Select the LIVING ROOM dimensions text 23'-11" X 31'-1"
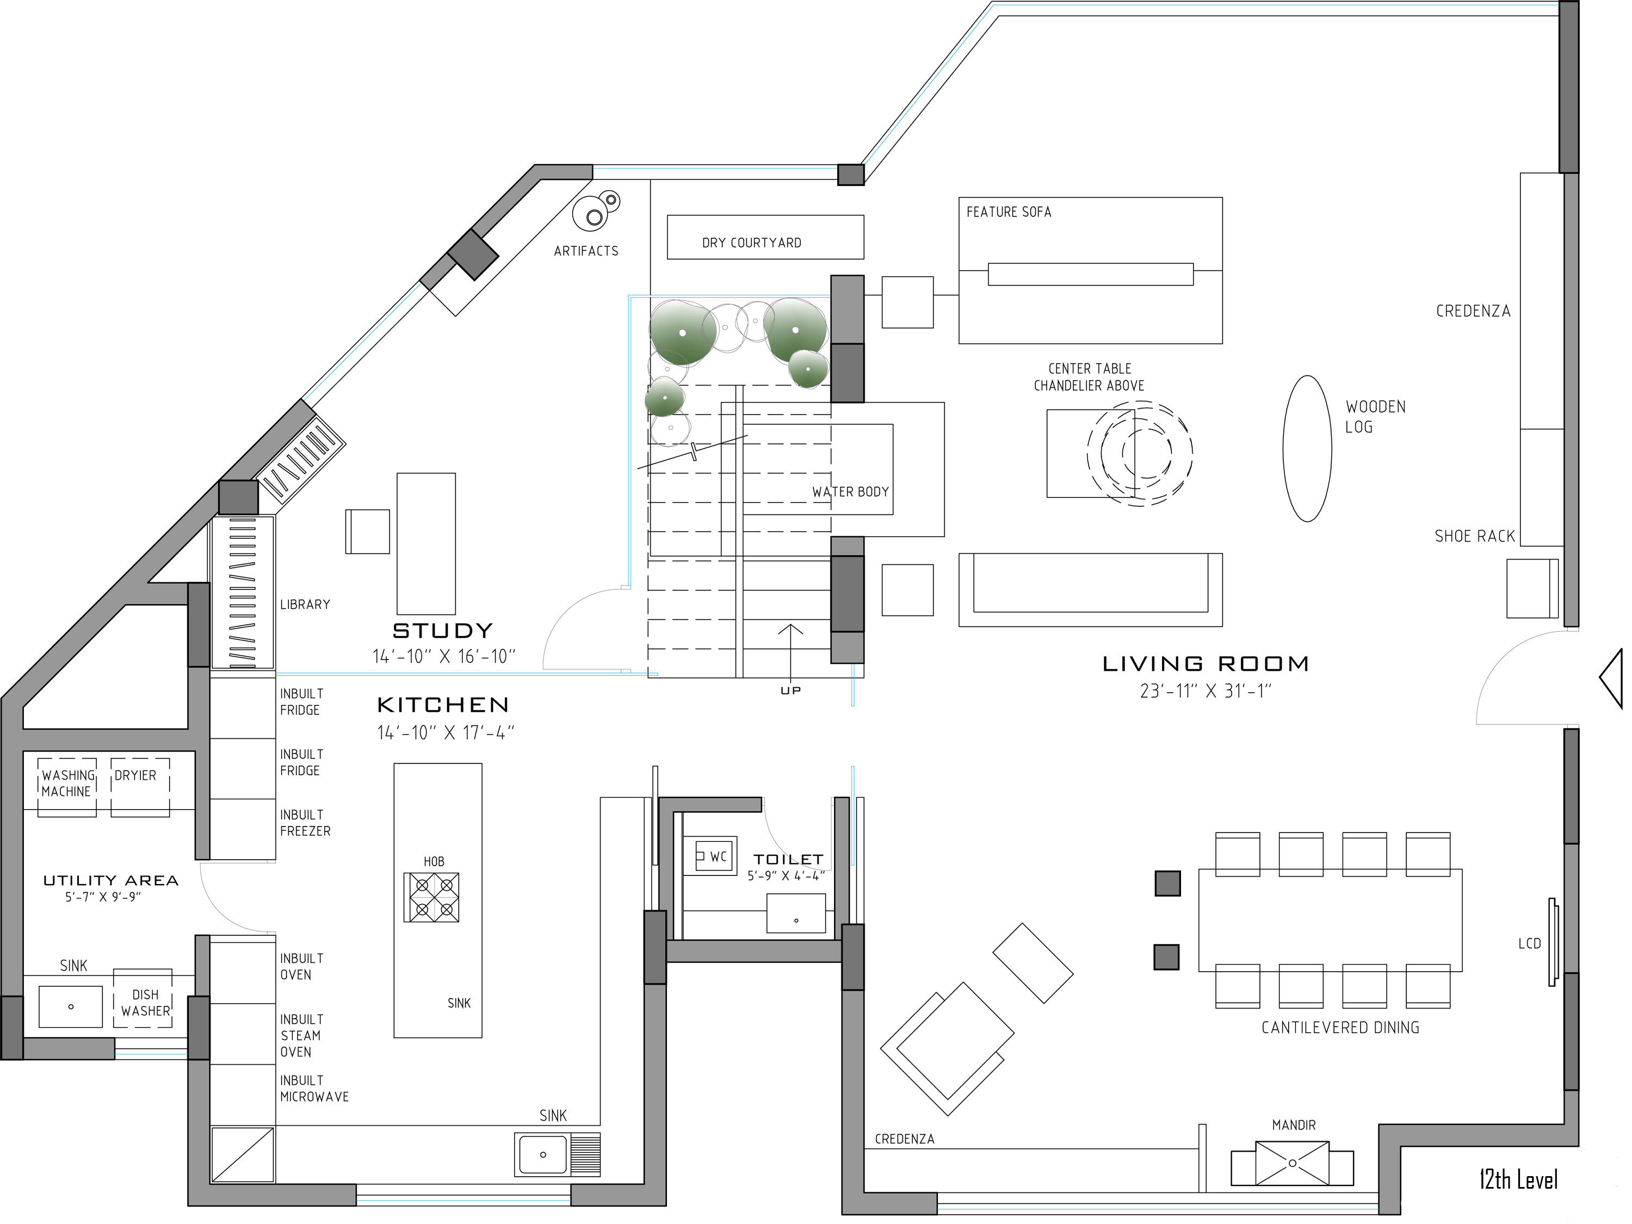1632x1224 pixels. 1206,691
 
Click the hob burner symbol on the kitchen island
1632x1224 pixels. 431,897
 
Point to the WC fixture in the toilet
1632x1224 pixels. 713,856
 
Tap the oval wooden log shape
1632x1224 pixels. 1307,448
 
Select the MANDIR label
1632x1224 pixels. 1293,1124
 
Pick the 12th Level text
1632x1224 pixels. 1518,1179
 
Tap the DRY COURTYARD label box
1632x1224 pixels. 765,238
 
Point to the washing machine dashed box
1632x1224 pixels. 67,787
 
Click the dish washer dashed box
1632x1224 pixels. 143,998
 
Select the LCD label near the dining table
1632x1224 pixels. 1529,943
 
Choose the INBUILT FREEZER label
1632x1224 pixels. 304,823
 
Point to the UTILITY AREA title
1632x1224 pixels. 110,880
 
